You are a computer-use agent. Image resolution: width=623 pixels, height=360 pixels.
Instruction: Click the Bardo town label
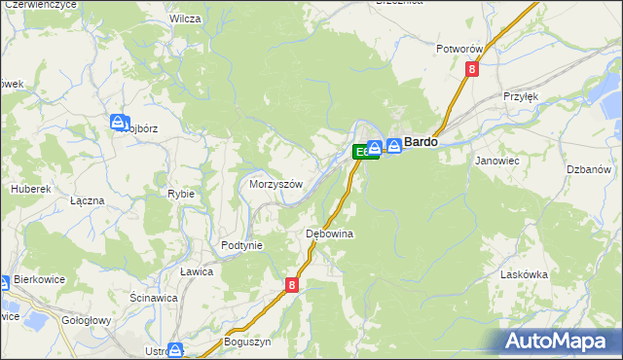pos(421,142)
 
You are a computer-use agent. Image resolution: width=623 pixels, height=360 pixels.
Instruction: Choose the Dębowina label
pos(329,234)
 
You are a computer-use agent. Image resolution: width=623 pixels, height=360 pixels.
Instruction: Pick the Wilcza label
pos(185,18)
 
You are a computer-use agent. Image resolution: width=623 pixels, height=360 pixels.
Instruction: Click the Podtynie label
pos(242,245)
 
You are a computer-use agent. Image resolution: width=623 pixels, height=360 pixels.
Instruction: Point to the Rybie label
pos(181,194)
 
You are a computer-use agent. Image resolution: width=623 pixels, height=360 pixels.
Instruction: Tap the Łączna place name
pos(88,199)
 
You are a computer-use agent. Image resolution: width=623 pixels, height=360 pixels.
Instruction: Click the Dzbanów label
pos(588,169)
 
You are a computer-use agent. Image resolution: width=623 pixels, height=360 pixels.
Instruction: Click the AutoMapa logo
pos(558,341)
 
